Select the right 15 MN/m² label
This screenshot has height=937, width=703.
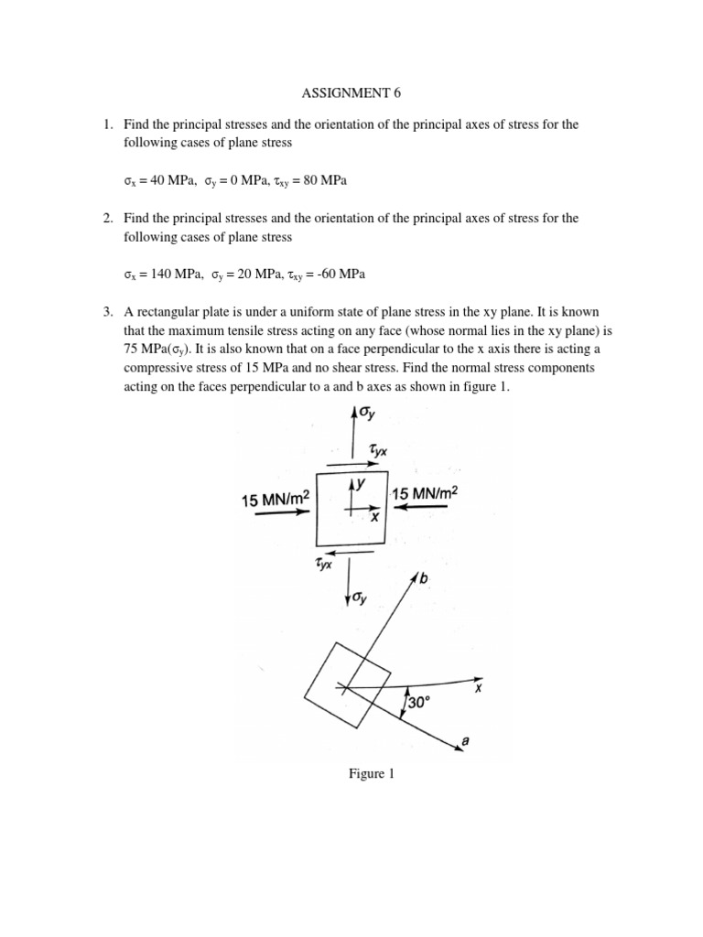(x=424, y=493)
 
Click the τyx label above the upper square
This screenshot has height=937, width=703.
(x=376, y=450)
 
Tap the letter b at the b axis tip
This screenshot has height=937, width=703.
(x=424, y=578)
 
